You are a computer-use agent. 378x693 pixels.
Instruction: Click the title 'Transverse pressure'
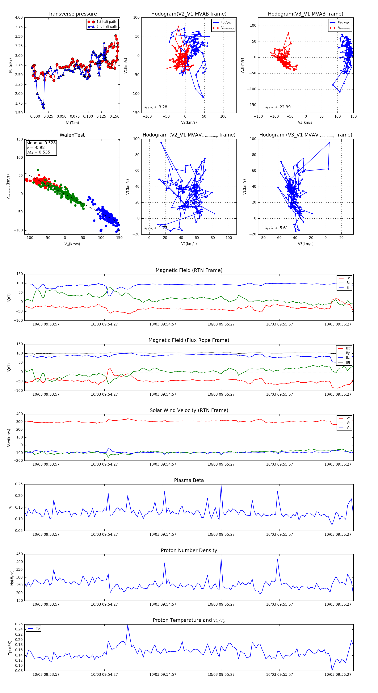pos(72,14)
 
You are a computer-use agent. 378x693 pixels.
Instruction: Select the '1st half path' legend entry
pos(106,22)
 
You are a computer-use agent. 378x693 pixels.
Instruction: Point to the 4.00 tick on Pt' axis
pos(19,17)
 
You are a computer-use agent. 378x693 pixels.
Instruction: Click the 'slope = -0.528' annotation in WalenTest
pos(41,143)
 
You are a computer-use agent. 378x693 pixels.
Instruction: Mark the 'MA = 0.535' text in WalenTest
pos(38,152)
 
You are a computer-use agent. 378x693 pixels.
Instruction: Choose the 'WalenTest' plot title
pos(72,135)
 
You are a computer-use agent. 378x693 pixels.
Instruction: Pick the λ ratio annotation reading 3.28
pos(155,107)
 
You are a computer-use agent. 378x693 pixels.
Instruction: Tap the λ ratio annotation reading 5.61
pos(276,228)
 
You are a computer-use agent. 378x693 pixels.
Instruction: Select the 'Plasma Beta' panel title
pos(189,480)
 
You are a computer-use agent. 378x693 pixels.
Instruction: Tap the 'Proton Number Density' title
pos(189,550)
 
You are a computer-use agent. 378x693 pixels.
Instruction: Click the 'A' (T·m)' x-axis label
pos(72,123)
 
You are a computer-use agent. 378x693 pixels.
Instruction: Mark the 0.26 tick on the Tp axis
pos(19,624)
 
